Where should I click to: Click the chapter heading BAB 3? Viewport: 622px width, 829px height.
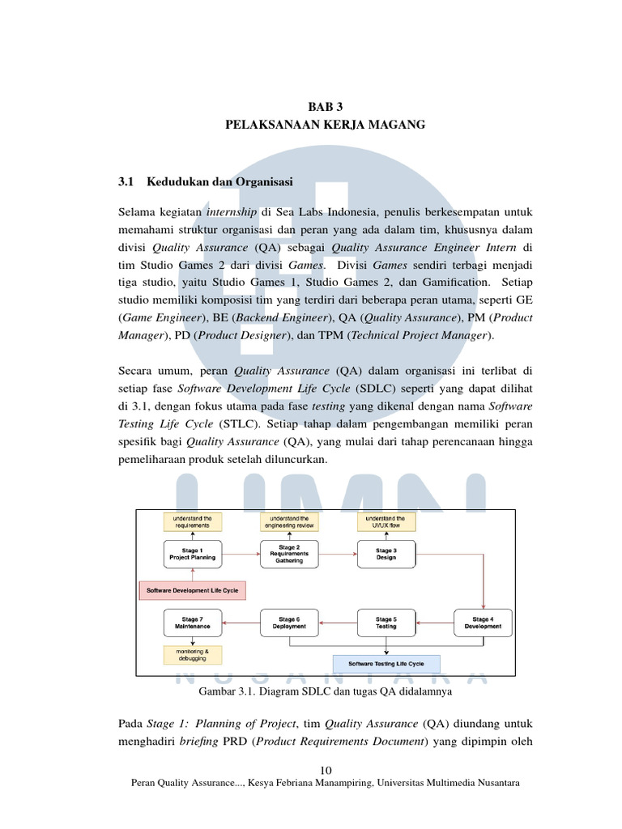click(326, 107)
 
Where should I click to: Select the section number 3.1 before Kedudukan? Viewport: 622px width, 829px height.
click(126, 182)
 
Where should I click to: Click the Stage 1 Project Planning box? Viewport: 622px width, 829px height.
click(193, 554)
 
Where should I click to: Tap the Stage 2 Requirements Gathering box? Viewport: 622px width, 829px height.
click(289, 554)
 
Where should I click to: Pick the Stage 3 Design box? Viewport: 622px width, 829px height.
click(386, 554)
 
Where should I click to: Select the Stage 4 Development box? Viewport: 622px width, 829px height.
click(483, 623)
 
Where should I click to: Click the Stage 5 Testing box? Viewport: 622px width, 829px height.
click(386, 623)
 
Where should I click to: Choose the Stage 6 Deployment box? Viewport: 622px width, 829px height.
click(289, 623)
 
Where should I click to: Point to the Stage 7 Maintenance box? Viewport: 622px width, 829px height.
click(193, 623)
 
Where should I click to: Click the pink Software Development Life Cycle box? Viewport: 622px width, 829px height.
click(193, 590)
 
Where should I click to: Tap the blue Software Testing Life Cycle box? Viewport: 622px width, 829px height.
click(386, 664)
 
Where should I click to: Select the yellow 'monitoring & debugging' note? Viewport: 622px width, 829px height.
click(193, 655)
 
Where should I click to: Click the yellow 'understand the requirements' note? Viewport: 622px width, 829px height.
click(193, 522)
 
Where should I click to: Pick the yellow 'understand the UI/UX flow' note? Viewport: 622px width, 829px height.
click(386, 522)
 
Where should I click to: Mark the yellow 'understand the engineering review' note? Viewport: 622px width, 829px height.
click(289, 522)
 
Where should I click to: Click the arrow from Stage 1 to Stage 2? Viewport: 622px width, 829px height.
click(241, 554)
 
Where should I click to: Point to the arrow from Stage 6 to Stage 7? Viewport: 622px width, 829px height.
click(241, 623)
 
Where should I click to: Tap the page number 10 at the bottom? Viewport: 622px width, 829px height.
click(326, 771)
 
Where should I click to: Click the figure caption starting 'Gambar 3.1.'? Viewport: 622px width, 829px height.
click(326, 691)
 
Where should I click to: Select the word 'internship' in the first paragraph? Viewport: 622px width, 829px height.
click(231, 213)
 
